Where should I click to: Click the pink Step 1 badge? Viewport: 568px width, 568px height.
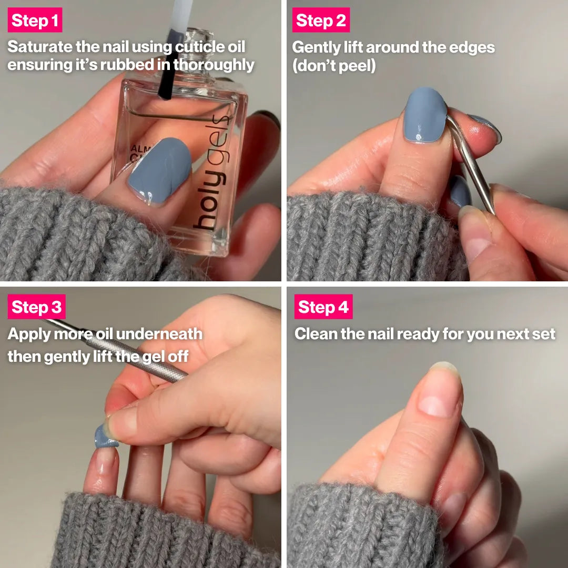[x=35, y=21]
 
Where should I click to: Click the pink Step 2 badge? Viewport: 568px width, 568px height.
[x=321, y=21]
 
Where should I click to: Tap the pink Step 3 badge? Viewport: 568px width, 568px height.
[x=36, y=307]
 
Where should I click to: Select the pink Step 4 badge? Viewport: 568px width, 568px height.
[x=323, y=307]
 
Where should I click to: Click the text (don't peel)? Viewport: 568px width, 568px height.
[x=333, y=67]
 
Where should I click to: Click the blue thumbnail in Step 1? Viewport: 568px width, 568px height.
[x=160, y=170]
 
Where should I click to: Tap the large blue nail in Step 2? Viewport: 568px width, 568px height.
[x=425, y=115]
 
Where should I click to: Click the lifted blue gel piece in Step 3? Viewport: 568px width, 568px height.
[x=105, y=438]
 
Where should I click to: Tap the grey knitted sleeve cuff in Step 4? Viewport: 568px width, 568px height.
[x=363, y=526]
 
